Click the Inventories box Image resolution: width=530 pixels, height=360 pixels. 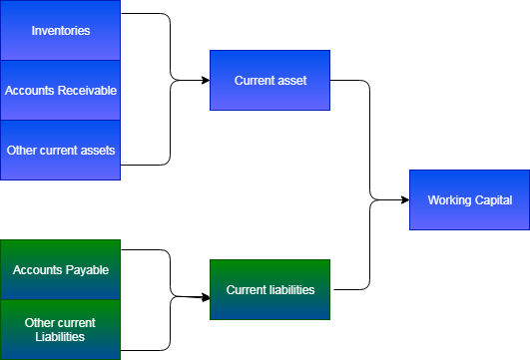pyautogui.click(x=60, y=30)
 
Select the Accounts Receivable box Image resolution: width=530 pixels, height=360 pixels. pyautogui.click(x=60, y=90)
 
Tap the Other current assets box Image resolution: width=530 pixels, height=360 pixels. pyautogui.click(x=60, y=150)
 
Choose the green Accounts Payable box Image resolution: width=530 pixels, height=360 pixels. pyautogui.click(x=60, y=269)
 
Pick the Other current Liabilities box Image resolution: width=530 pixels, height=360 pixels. pyautogui.click(x=60, y=329)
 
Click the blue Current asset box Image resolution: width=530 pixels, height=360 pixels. pyautogui.click(x=269, y=80)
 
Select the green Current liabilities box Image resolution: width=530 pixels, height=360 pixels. pyautogui.click(x=269, y=289)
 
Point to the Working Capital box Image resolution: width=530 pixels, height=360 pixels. pyautogui.click(x=469, y=199)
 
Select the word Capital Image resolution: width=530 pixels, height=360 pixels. pyautogui.click(x=493, y=200)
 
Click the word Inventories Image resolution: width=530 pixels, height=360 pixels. pyautogui.click(x=61, y=31)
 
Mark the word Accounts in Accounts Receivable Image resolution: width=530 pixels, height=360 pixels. pyautogui.click(x=28, y=91)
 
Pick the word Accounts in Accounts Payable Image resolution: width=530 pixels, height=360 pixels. pyautogui.click(x=37, y=270)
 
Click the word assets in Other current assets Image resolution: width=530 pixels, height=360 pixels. pyautogui.click(x=98, y=151)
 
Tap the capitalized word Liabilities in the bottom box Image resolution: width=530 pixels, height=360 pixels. pyautogui.click(x=60, y=337)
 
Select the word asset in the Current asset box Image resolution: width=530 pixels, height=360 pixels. pyautogui.click(x=291, y=80)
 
